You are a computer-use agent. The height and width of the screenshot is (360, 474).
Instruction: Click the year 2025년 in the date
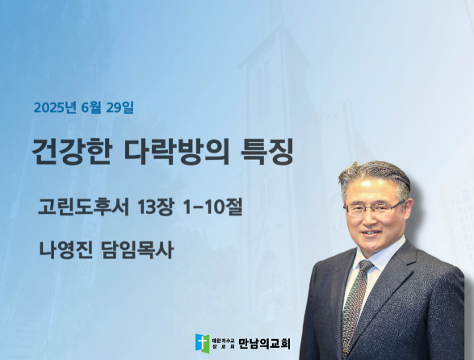[54, 107]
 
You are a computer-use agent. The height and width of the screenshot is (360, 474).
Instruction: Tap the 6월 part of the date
[91, 107]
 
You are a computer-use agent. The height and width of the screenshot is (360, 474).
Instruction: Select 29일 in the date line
[120, 107]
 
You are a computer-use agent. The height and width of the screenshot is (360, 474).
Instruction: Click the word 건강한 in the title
[72, 152]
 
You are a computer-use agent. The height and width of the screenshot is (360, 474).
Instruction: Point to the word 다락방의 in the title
[177, 152]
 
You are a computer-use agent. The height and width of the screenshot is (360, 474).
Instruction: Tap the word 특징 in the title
[267, 152]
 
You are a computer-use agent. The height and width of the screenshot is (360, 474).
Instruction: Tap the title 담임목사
[137, 250]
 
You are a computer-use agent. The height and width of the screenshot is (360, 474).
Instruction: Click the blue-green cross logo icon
[202, 343]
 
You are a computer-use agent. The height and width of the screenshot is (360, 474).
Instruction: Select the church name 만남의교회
[265, 344]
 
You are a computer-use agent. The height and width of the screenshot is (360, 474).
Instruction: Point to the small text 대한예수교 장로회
[224, 344]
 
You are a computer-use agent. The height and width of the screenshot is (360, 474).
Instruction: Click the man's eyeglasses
[374, 208]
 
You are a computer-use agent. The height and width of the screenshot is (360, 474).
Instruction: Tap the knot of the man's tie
[366, 266]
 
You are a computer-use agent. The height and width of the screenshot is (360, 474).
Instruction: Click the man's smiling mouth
[371, 232]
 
